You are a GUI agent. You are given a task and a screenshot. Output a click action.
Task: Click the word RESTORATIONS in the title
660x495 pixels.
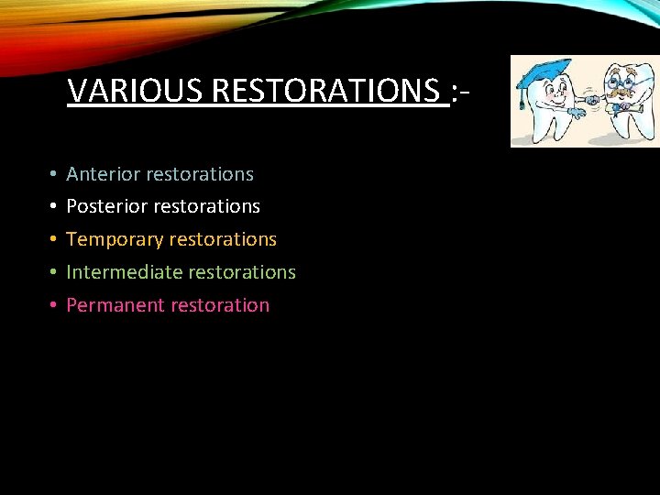click(x=329, y=91)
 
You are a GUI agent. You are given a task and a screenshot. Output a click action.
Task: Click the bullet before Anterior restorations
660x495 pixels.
click(x=54, y=174)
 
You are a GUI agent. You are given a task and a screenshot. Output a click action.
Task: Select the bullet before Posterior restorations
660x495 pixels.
click(x=54, y=207)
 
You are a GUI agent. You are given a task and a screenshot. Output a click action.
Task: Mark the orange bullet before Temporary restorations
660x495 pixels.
click(x=54, y=240)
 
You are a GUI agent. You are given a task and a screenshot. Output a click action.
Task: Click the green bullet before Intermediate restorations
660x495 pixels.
click(x=54, y=273)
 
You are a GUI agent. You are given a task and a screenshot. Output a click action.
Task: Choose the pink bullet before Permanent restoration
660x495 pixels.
click(x=54, y=306)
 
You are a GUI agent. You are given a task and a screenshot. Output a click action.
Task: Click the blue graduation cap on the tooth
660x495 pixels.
click(x=546, y=71)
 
